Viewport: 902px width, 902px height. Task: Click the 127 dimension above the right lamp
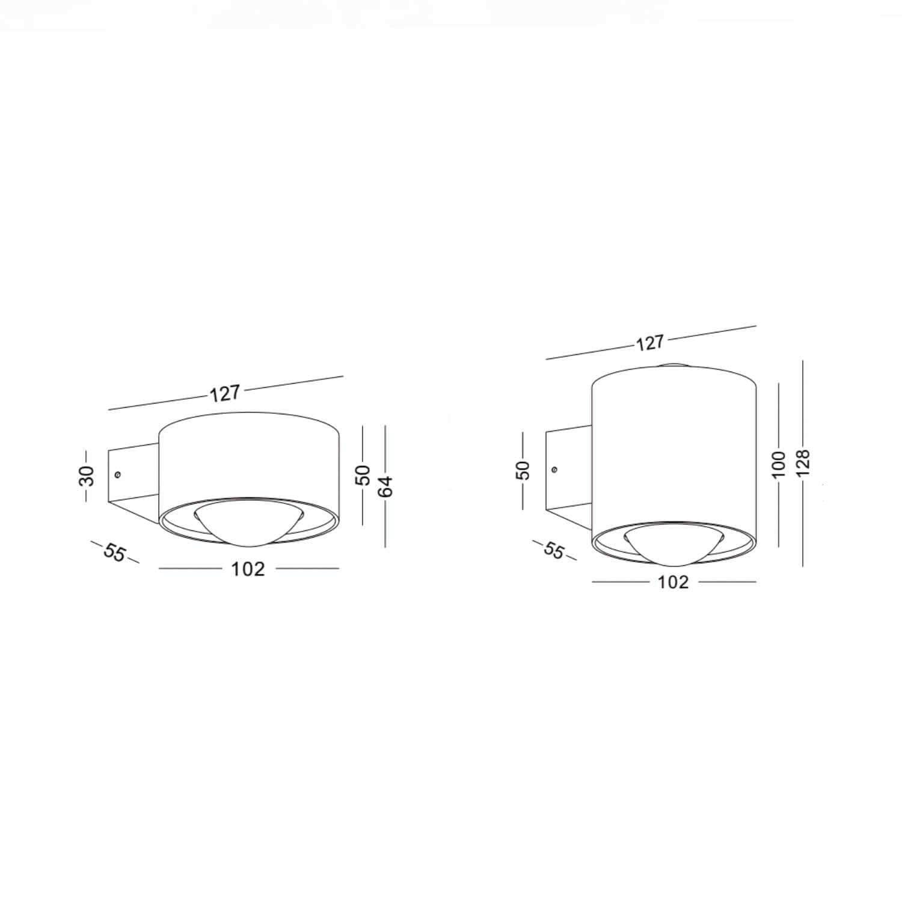tap(649, 343)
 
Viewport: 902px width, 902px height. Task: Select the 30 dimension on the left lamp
tap(88, 475)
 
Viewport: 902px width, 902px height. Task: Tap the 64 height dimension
tap(386, 486)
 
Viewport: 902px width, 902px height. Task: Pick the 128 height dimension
tap(804, 463)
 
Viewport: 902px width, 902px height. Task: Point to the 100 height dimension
tap(779, 464)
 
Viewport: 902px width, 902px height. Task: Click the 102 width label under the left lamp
tap(248, 569)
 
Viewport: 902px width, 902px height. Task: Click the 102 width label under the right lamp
tap(673, 582)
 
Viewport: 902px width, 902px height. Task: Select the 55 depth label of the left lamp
tap(114, 552)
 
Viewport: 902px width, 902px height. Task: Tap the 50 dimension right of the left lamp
tap(364, 475)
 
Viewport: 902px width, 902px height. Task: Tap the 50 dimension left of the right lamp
tap(524, 469)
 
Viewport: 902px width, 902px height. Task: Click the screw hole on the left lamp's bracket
tap(118, 474)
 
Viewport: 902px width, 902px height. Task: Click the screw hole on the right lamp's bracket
tap(554, 469)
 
